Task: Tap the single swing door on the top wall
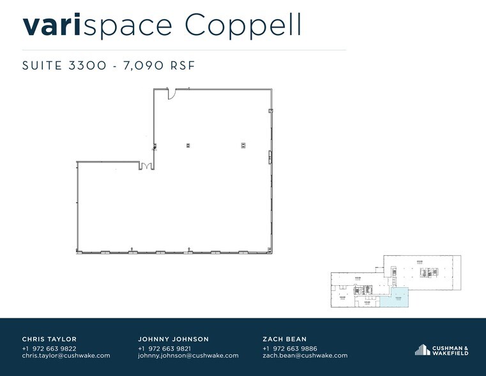172,94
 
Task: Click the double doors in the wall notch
146,166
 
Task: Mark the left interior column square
188,145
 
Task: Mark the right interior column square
243,145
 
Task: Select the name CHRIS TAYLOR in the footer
49,339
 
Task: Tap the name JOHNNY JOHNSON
173,339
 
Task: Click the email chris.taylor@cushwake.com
66,356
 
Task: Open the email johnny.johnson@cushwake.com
188,356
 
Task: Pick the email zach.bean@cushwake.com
305,356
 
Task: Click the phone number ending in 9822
49,348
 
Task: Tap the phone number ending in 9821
165,348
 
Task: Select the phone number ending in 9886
289,348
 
